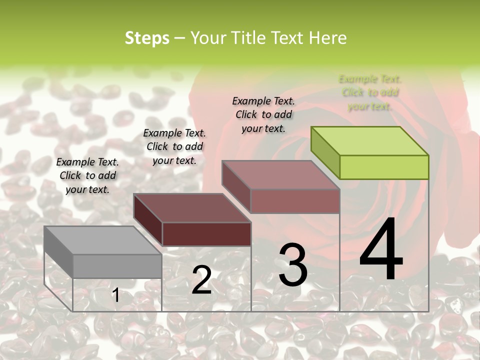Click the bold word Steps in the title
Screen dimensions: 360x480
(x=147, y=38)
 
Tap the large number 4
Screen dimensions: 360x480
(x=381, y=250)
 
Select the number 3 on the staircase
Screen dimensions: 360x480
(x=292, y=265)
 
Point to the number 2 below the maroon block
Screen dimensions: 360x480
(x=201, y=280)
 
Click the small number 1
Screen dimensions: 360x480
(x=115, y=295)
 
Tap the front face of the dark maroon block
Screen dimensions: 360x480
(x=206, y=234)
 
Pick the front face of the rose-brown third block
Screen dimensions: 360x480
(x=295, y=201)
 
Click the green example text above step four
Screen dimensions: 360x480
(x=369, y=92)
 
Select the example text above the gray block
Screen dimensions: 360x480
(x=87, y=175)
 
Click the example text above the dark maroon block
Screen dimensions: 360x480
(x=174, y=146)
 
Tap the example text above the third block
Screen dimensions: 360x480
(x=263, y=114)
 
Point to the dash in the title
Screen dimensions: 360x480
(x=179, y=38)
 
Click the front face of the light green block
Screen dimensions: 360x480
(x=384, y=167)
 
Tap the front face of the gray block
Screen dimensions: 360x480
(x=117, y=266)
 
